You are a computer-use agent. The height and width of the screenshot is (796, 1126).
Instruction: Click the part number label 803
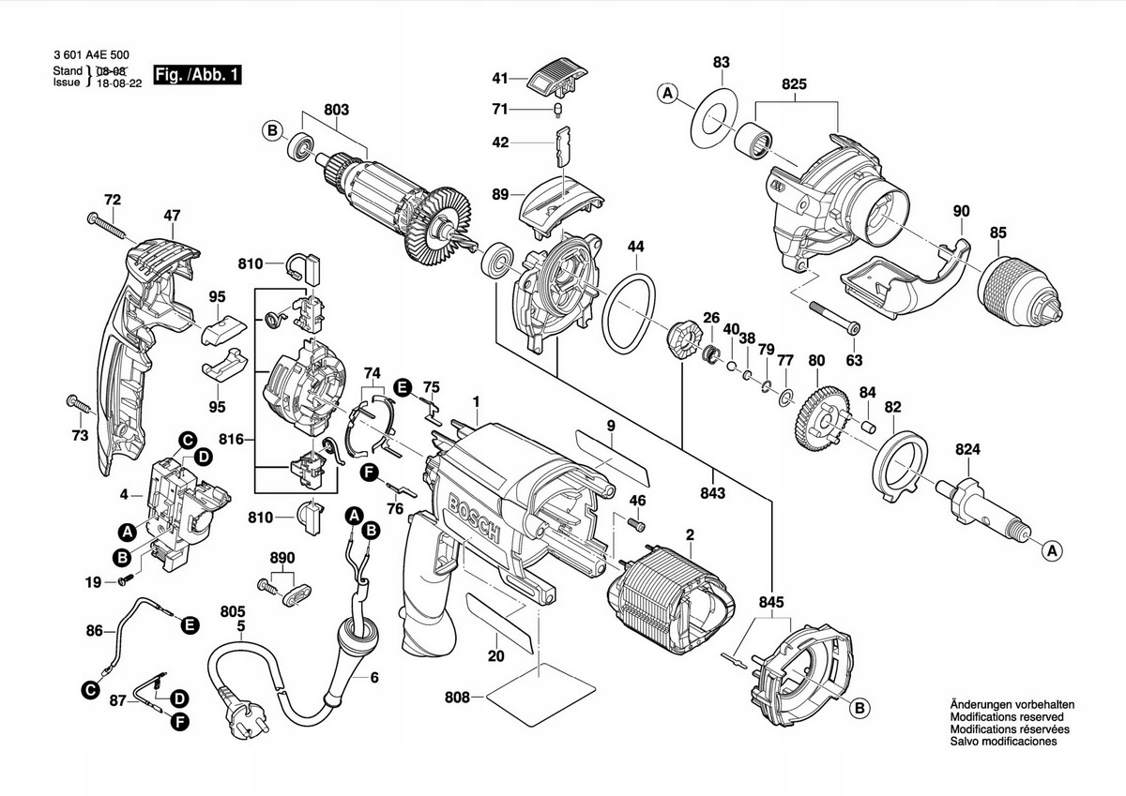coord(336,110)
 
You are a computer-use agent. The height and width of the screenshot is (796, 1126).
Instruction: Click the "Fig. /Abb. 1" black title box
coord(197,75)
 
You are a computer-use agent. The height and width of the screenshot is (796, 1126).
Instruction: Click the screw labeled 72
coord(107,224)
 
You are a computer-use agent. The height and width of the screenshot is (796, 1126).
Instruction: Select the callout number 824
coord(968,450)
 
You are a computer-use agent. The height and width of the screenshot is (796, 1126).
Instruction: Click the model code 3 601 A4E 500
coord(92,56)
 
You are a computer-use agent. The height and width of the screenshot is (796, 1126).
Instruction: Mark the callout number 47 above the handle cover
coord(172,216)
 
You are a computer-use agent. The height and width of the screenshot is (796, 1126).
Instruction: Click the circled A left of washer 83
coord(668,93)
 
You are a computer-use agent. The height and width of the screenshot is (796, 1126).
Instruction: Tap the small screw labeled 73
coord(79,404)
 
